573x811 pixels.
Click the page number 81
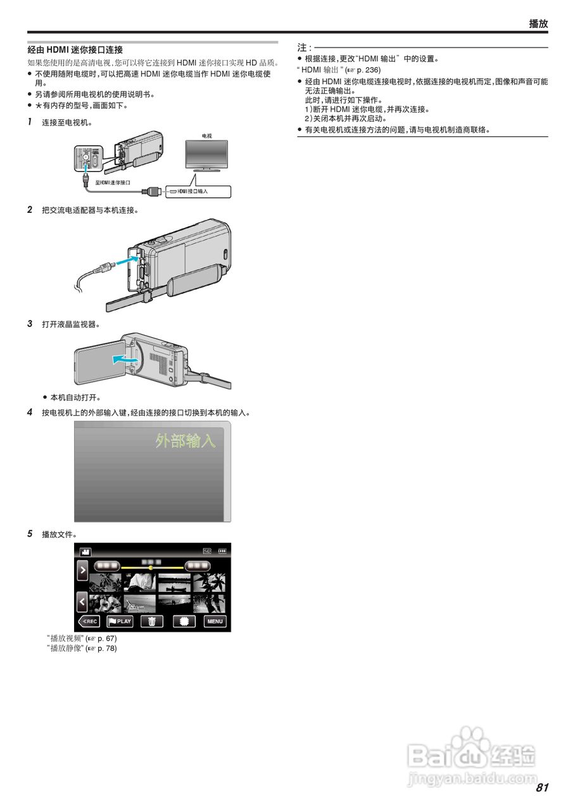point(541,788)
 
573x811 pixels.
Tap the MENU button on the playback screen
point(215,621)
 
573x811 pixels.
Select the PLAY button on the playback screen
point(120,621)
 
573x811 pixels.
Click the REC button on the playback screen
point(89,621)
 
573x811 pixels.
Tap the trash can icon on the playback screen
point(152,621)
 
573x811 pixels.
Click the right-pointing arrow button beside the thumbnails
point(82,570)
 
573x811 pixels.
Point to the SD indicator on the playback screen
point(207,551)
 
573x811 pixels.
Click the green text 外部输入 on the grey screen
point(186,441)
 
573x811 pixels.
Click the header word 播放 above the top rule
point(538,23)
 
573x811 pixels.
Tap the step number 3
point(30,324)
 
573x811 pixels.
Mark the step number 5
point(30,533)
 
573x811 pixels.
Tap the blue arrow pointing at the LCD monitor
point(124,359)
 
